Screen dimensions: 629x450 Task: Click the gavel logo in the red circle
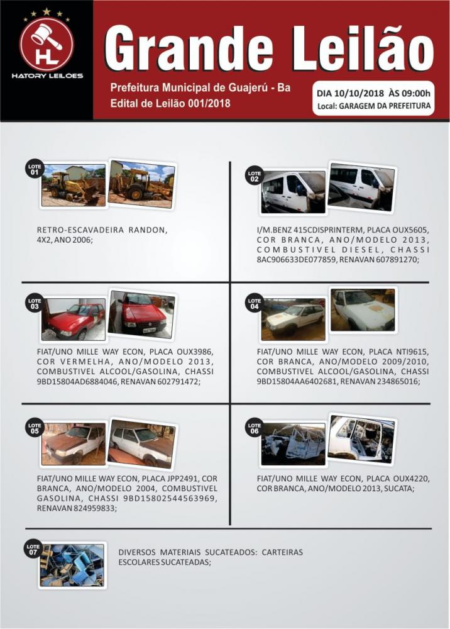pyautogui.click(x=47, y=43)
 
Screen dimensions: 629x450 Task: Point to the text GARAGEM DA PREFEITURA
pyautogui.click(x=385, y=106)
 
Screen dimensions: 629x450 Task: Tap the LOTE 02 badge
pyautogui.click(x=254, y=175)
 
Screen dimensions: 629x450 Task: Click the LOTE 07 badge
pyautogui.click(x=33, y=549)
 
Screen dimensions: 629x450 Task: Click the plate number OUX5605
pyautogui.click(x=410, y=230)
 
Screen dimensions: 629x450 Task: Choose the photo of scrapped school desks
pyautogui.click(x=72, y=565)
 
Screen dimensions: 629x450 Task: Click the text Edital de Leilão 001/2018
pyautogui.click(x=170, y=103)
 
